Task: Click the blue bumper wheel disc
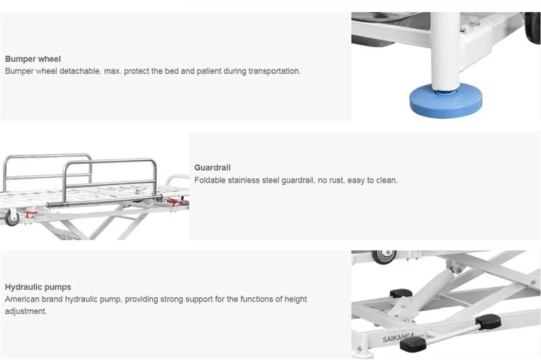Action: coord(446,101)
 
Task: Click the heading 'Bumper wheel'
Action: coord(32,59)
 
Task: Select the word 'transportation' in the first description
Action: coord(274,71)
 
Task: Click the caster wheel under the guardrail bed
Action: coord(12,219)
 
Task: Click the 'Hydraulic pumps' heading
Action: coord(38,287)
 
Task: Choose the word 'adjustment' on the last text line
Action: coord(26,311)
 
